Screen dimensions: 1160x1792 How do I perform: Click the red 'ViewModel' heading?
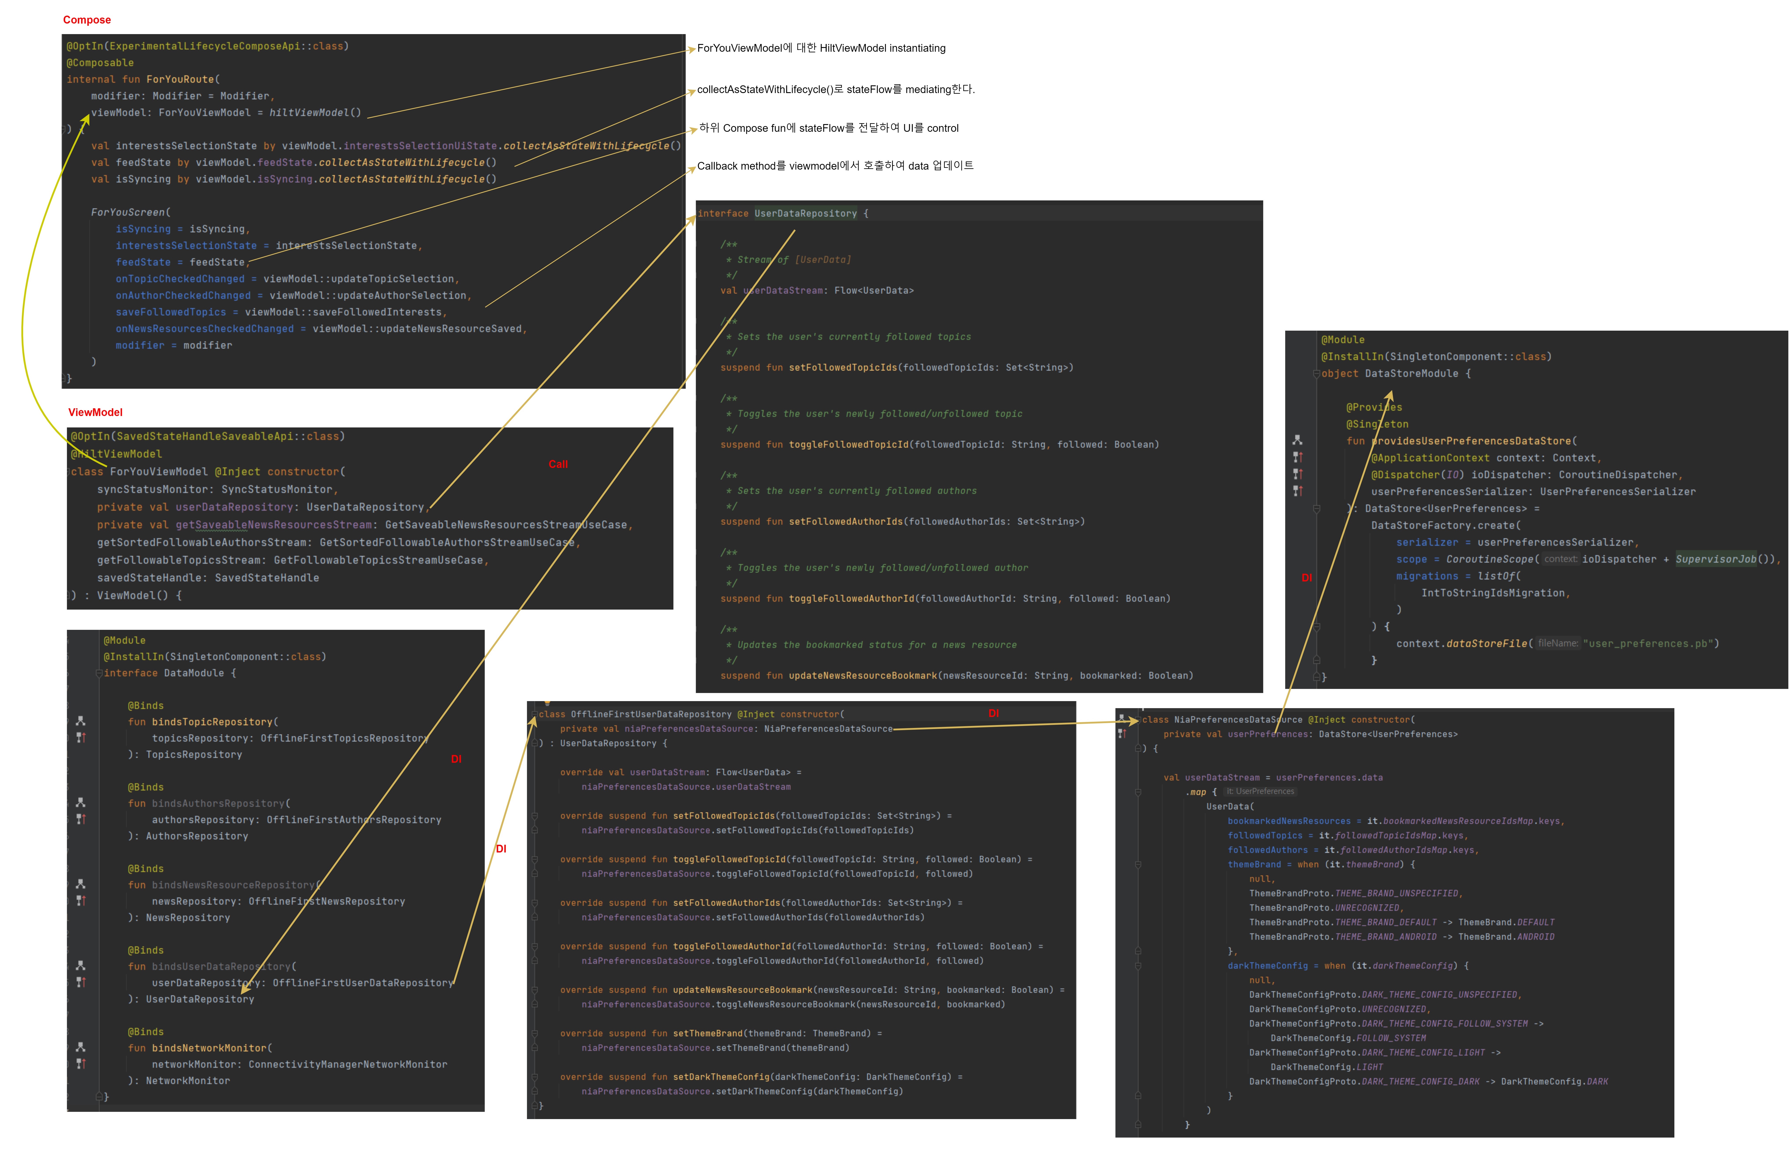click(95, 412)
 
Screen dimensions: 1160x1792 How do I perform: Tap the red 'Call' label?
click(558, 464)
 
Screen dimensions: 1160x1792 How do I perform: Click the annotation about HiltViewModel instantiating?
click(821, 48)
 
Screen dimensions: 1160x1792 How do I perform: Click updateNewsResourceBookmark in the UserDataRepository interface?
click(862, 676)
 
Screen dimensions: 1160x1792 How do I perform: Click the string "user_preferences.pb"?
click(1650, 644)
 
